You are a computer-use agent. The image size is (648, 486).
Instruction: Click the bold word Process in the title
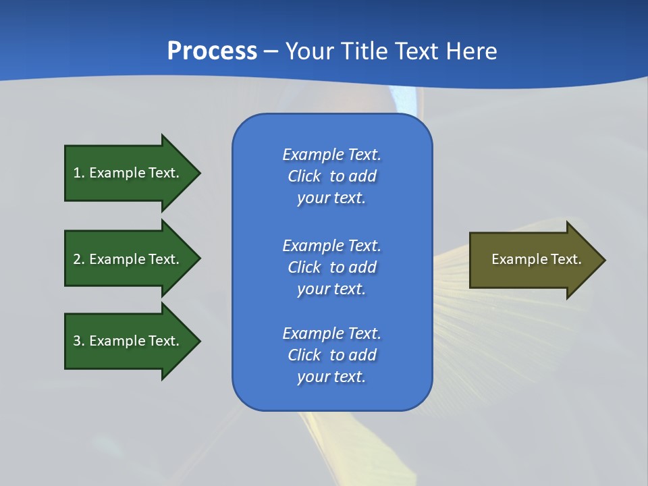(212, 51)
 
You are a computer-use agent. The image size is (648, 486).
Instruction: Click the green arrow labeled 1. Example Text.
(128, 173)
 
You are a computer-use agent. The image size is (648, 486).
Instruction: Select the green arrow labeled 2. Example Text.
(128, 259)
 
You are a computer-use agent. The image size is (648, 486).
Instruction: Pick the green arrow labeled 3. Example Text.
(128, 341)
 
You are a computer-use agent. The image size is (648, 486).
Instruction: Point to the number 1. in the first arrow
(79, 173)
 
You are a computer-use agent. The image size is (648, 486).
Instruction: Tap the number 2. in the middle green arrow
(79, 259)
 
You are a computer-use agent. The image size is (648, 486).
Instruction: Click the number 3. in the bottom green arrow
(79, 341)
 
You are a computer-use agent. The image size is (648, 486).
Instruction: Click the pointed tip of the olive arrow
(603, 259)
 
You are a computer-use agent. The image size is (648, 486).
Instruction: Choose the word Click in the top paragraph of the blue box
(304, 176)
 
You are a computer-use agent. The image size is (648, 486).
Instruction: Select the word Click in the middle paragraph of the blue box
(304, 267)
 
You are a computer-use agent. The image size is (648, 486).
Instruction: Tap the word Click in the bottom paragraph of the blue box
(304, 355)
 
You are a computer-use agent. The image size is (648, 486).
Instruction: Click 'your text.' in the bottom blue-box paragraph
(331, 377)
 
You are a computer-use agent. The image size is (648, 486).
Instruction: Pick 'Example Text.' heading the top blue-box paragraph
(331, 155)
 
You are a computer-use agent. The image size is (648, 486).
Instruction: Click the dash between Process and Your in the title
(271, 51)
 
